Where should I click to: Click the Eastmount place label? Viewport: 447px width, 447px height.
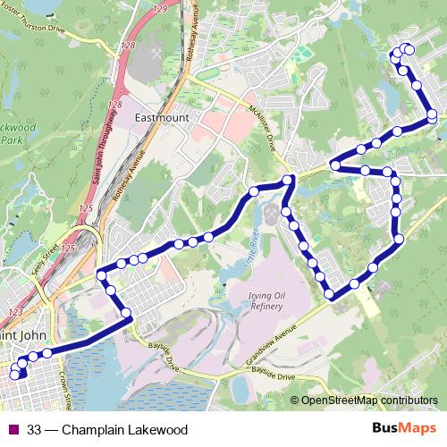coord(160,117)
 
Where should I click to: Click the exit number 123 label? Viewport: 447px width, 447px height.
coord(14,311)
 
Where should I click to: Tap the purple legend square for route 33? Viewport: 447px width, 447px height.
coord(13,430)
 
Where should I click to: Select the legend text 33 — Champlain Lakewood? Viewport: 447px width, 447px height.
coord(107,430)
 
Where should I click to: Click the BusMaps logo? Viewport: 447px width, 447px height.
coord(403,429)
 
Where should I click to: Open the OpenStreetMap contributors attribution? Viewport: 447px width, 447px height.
coord(368,401)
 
